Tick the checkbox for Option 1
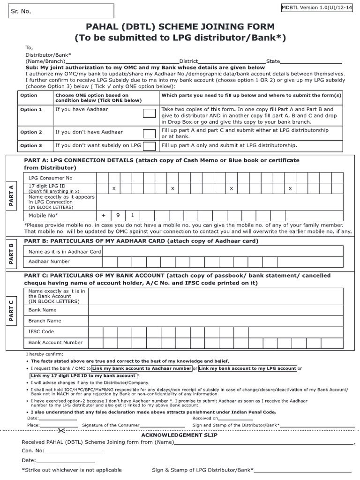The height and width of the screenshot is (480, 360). click(x=149, y=113)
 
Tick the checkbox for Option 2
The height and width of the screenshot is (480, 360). click(x=149, y=132)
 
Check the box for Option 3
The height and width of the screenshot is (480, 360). click(x=149, y=146)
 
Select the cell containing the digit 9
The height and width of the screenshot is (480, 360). click(x=119, y=216)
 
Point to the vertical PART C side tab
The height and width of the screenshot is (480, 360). click(x=10, y=311)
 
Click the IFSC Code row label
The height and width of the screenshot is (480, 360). click(x=41, y=331)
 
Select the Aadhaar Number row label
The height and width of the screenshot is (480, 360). click(x=49, y=262)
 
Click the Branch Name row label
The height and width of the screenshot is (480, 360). click(x=45, y=321)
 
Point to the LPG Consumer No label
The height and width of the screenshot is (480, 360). click(x=50, y=178)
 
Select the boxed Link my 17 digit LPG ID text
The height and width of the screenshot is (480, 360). click(x=83, y=376)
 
